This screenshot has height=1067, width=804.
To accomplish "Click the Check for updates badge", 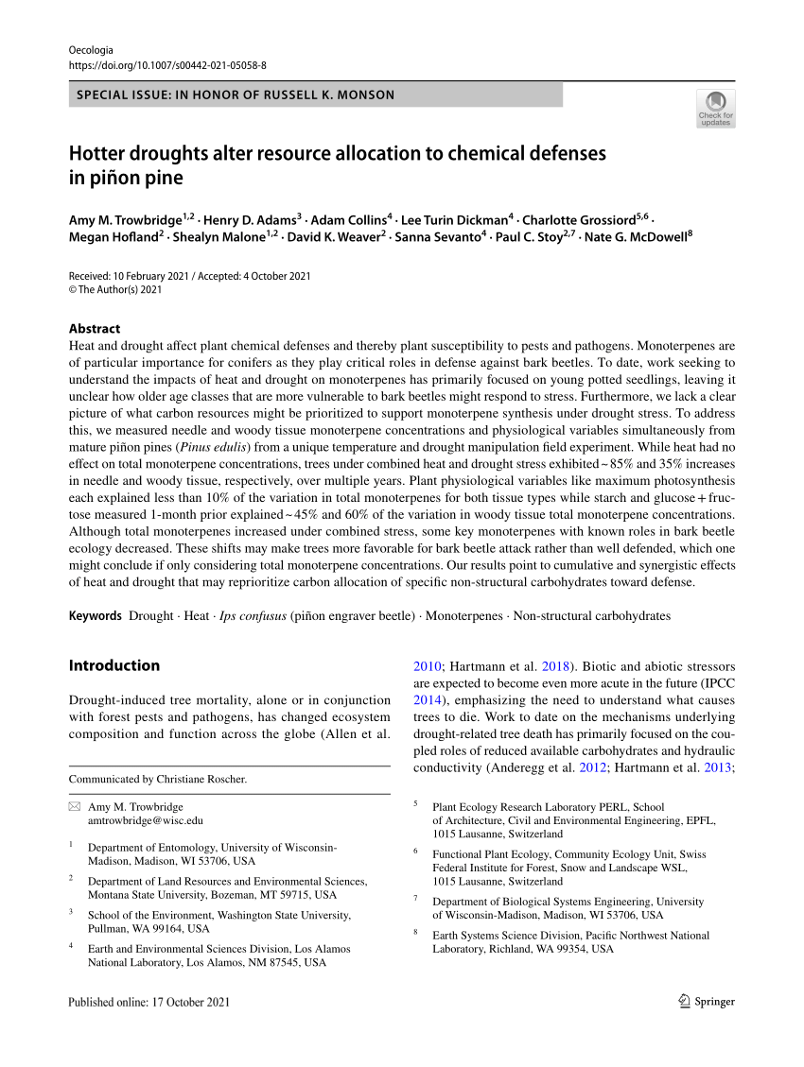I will pos(715,108).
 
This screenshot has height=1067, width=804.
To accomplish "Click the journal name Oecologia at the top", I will pos(91,50).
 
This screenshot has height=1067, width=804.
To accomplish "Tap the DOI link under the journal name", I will pos(167,65).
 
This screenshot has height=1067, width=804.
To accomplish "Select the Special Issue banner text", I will pos(236,95).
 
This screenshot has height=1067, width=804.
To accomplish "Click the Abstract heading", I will pos(95,329).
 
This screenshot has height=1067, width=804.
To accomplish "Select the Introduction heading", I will pos(114,665).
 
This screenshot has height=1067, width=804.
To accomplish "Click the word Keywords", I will pos(96,616).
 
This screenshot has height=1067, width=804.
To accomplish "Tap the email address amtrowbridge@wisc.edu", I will pos(146,821).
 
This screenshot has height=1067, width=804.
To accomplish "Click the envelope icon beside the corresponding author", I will pos(75,807).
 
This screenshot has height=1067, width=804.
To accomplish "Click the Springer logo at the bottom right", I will pos(707,1002).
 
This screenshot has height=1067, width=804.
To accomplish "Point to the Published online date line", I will pos(149,1002).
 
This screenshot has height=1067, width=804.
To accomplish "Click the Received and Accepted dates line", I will pos(190,276).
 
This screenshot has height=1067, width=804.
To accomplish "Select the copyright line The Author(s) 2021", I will pos(115,290).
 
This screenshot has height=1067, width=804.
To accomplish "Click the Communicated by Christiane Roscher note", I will pos(158,780).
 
